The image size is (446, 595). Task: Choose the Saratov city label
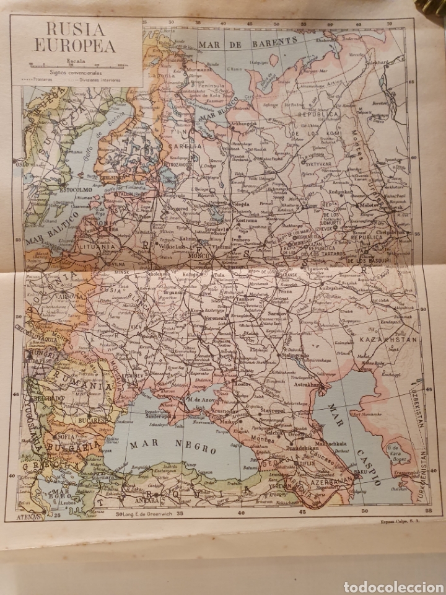(x=279, y=314)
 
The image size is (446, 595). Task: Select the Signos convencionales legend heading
(x=77, y=73)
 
